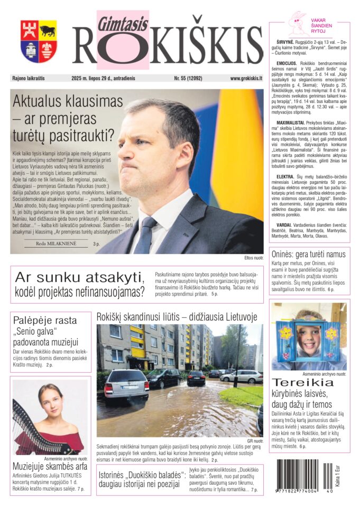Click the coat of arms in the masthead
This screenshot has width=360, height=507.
click(x=39, y=41)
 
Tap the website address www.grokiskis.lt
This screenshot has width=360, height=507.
click(x=246, y=78)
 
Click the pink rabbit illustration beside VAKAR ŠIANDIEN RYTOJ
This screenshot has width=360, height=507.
click(x=298, y=24)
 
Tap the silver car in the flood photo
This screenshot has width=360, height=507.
click(x=126, y=385)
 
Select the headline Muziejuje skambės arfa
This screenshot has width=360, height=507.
click(x=50, y=467)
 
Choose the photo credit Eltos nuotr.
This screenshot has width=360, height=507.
click(x=254, y=258)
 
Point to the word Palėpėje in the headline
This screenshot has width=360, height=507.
click(x=33, y=320)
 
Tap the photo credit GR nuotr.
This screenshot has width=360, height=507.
click(x=254, y=440)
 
